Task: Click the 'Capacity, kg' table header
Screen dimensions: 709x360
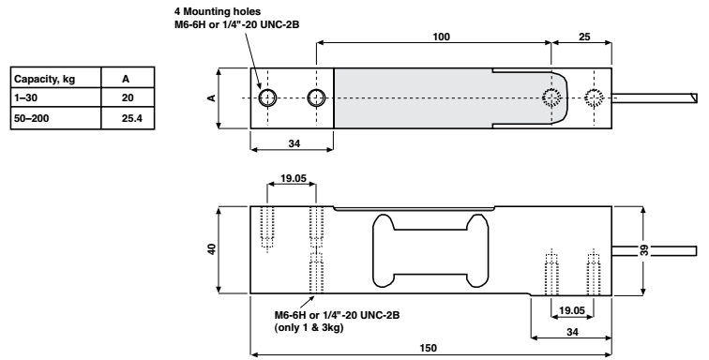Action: (44, 79)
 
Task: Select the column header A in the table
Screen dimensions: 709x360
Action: (126, 79)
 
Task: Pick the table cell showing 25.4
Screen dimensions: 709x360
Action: (132, 118)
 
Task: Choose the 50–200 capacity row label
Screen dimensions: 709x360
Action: (32, 118)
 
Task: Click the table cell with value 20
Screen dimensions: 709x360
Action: (128, 97)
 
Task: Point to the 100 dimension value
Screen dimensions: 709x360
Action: (442, 37)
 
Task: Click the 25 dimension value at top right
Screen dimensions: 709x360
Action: (584, 37)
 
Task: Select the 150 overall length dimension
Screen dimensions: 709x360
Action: (428, 348)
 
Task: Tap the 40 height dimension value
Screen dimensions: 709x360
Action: (212, 249)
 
